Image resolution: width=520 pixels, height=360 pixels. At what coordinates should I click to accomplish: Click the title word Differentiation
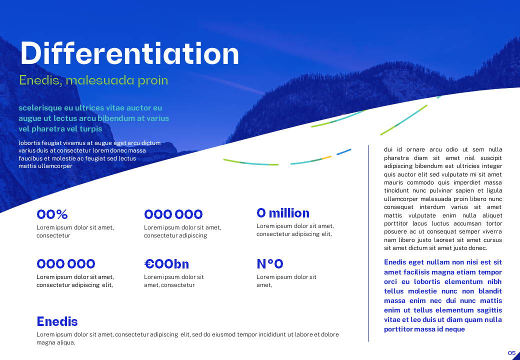click(x=129, y=53)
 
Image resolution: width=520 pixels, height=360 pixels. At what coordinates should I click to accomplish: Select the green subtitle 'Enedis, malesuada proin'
click(x=93, y=80)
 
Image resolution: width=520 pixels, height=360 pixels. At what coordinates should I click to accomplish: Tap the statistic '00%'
click(x=52, y=214)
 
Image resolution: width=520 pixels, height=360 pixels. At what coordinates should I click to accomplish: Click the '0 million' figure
click(x=283, y=213)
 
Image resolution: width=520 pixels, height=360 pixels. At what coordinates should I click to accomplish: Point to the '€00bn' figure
click(x=166, y=264)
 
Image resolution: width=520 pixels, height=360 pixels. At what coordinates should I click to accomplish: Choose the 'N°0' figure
click(x=270, y=264)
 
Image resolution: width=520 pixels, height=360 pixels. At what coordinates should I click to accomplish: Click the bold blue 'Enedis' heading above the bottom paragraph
click(x=57, y=321)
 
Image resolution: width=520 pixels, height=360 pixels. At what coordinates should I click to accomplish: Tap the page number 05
click(x=511, y=352)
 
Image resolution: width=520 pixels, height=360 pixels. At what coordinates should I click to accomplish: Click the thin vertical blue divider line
click(x=368, y=243)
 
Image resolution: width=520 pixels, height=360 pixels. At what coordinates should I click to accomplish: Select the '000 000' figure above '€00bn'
click(x=173, y=214)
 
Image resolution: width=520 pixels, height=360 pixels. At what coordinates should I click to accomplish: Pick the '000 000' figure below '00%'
click(x=65, y=264)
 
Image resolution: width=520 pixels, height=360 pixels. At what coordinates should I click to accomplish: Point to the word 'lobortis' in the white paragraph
click(x=29, y=143)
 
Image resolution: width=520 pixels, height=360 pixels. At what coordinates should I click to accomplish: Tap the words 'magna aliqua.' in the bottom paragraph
click(x=55, y=343)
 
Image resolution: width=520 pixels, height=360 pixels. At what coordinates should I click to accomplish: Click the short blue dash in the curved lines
click(x=343, y=152)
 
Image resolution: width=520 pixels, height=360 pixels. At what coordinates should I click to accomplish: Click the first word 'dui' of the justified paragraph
click(x=388, y=149)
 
